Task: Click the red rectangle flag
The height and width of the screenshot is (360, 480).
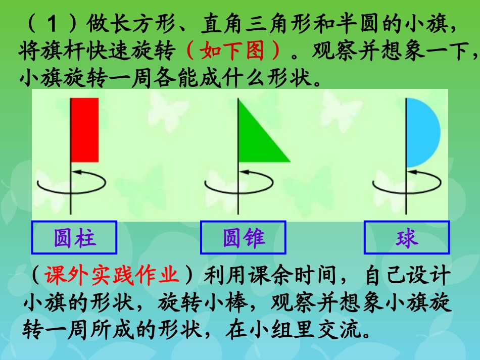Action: pos(85,130)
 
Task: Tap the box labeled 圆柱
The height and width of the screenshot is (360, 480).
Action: pos(74,237)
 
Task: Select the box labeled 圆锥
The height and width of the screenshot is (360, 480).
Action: pos(244,237)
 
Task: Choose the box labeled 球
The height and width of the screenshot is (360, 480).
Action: pos(407,237)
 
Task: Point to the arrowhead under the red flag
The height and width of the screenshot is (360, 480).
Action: pos(76,173)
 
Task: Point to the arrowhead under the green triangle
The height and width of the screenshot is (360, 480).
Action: pos(244,173)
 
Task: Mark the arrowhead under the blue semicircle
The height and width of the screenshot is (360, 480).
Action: pos(411,173)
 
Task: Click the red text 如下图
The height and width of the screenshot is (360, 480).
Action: pos(233,50)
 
